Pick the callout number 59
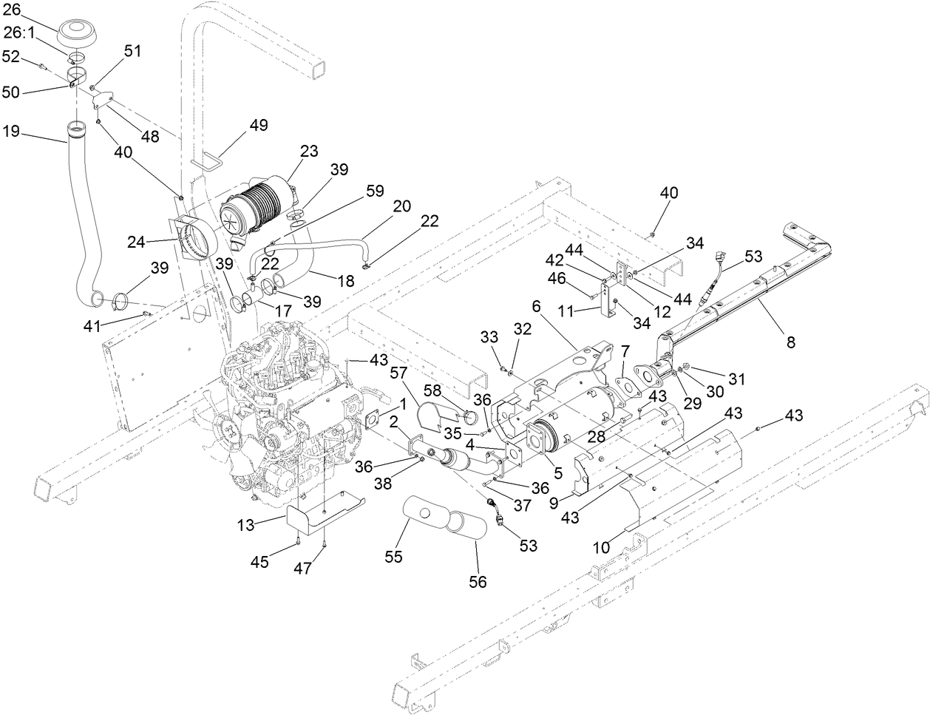tap(374, 191)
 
